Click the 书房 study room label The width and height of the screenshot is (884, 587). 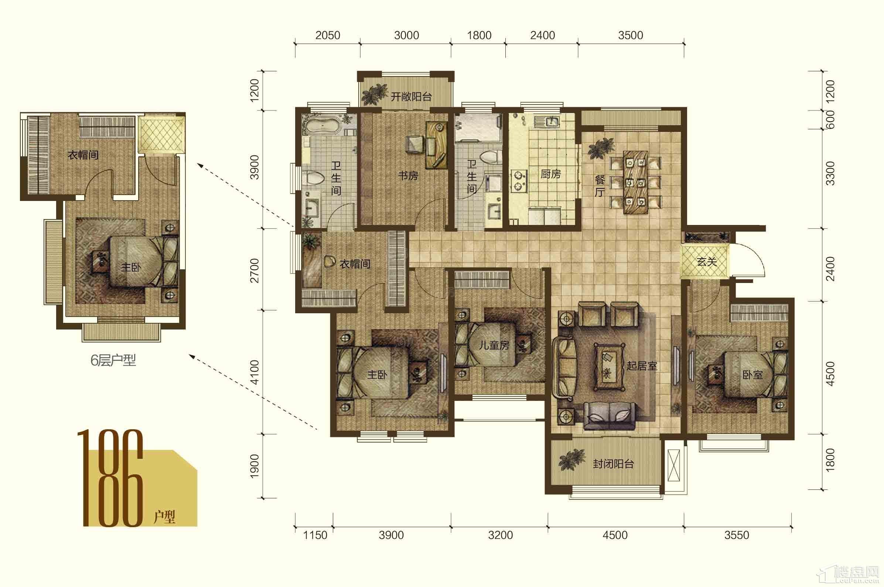pyautogui.click(x=408, y=175)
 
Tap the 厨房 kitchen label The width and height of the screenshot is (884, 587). pyautogui.click(x=550, y=174)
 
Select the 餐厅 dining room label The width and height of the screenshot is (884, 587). pyautogui.click(x=600, y=186)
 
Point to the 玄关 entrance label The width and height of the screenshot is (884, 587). pyautogui.click(x=707, y=262)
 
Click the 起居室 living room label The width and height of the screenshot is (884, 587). pyautogui.click(x=642, y=365)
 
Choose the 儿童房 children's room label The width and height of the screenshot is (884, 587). pyautogui.click(x=494, y=345)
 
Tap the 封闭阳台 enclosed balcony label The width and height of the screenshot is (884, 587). pyautogui.click(x=613, y=464)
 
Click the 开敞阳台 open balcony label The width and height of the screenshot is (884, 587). pyautogui.click(x=411, y=97)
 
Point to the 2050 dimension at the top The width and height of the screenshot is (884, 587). pyautogui.click(x=328, y=35)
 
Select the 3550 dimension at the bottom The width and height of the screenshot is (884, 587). pyautogui.click(x=737, y=535)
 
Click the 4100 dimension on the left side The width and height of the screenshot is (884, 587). pyautogui.click(x=255, y=372)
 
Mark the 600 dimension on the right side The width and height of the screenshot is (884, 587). pyautogui.click(x=830, y=120)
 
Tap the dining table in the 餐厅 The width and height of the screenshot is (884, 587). pyautogui.click(x=636, y=182)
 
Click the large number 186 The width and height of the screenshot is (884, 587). pyautogui.click(x=111, y=478)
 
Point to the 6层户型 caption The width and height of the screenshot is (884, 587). pyautogui.click(x=113, y=360)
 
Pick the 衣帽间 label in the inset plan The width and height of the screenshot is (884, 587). pyautogui.click(x=83, y=155)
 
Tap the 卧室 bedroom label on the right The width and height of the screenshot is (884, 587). pyautogui.click(x=752, y=374)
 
